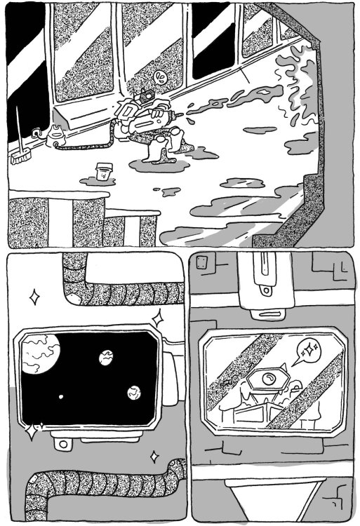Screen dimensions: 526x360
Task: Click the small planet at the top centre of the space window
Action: [x=106, y=357]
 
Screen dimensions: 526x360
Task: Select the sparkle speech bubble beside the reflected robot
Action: [x=306, y=350]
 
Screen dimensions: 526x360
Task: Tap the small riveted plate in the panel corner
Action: [x=204, y=264]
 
